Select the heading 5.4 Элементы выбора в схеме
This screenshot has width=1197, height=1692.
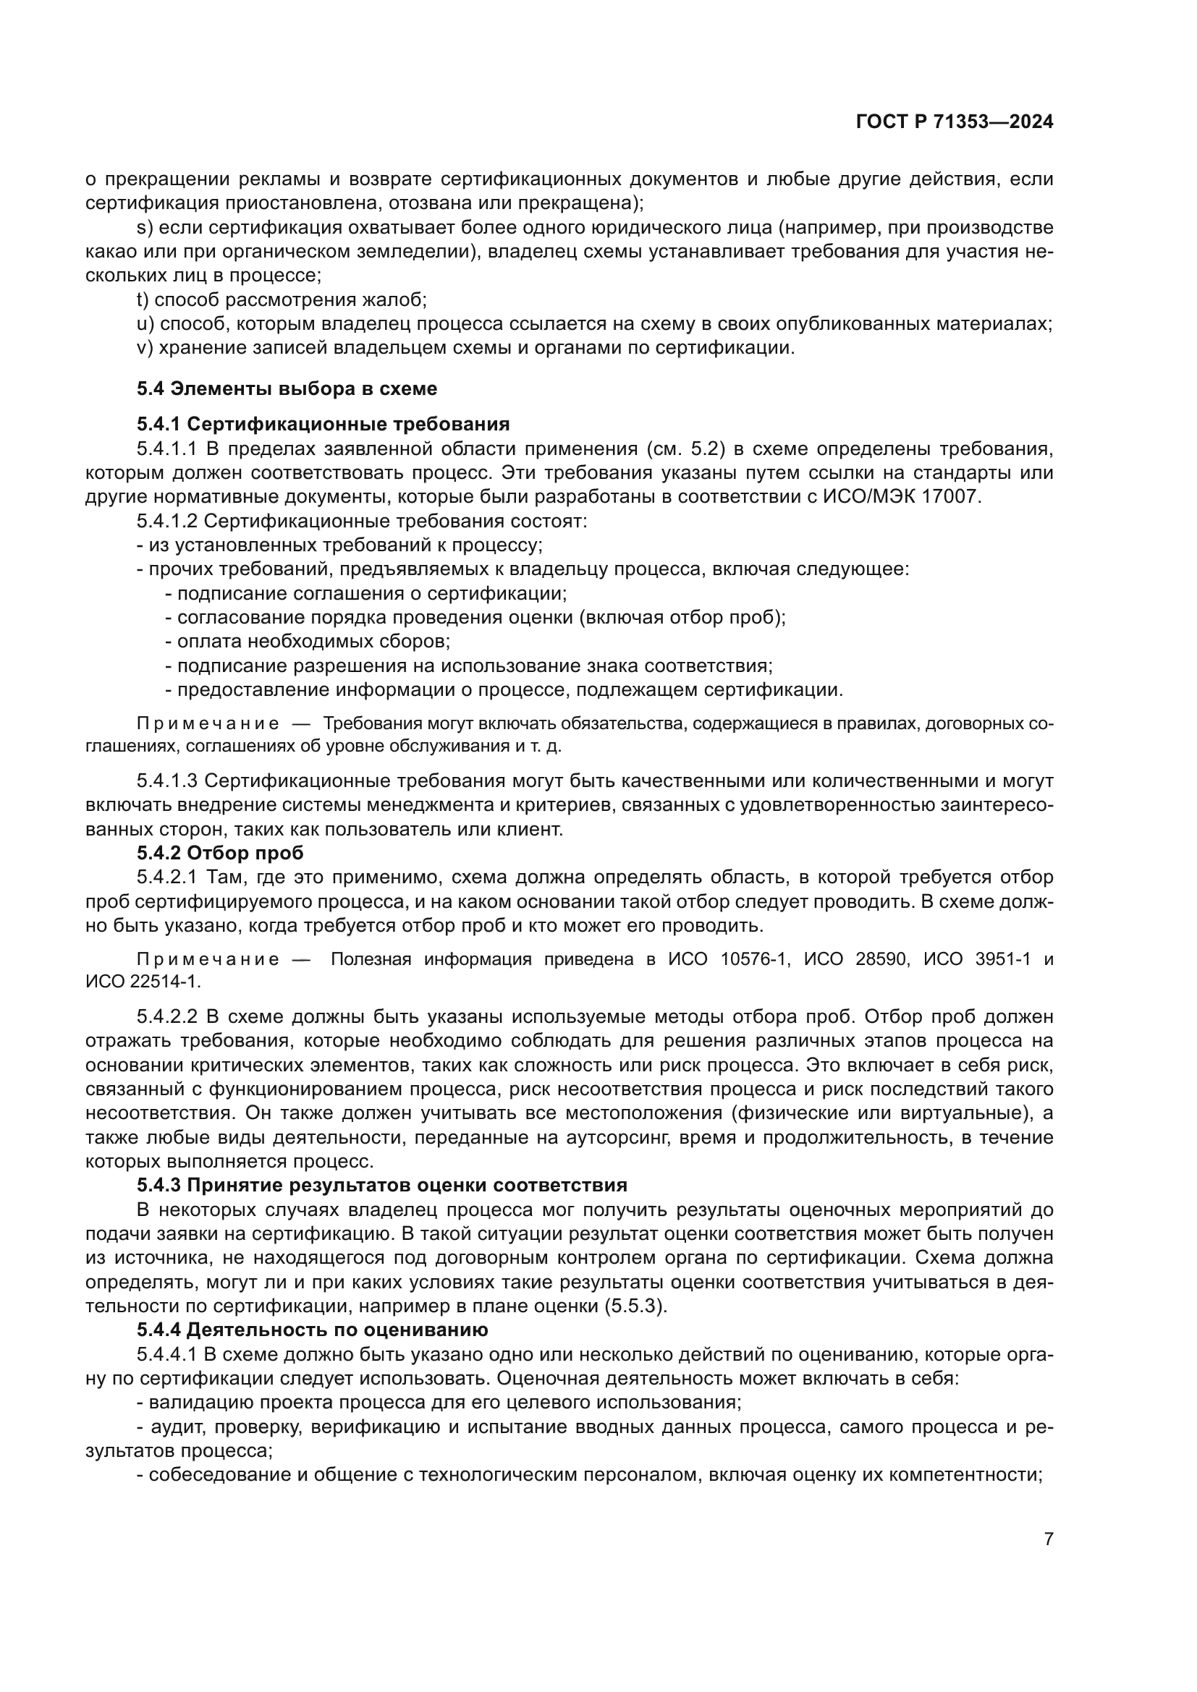[287, 388]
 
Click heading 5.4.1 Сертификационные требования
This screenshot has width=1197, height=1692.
[323, 424]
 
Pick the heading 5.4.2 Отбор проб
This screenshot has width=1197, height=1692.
[220, 853]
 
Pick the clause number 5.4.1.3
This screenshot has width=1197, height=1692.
[166, 781]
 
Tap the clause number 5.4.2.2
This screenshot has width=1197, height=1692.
[166, 1017]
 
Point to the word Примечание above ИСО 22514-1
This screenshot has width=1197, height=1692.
[208, 958]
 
